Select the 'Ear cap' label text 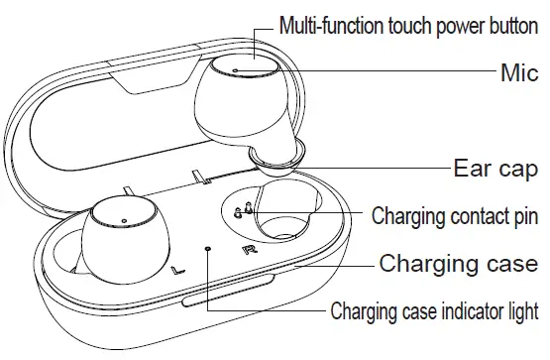[495, 167]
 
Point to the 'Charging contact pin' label [455, 215]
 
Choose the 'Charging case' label [459, 264]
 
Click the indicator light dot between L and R [207, 249]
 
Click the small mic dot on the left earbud [122, 219]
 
